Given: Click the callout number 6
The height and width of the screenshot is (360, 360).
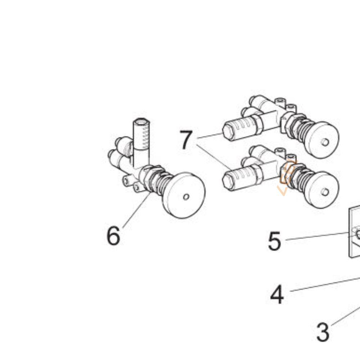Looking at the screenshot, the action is click(113, 235).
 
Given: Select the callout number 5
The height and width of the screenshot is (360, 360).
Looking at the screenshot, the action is click(274, 241).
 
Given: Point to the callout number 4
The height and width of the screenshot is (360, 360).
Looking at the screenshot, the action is click(277, 294).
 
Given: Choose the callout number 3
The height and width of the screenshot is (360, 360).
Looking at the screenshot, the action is click(323, 332).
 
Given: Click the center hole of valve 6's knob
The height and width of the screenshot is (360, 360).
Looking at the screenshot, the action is click(186, 197).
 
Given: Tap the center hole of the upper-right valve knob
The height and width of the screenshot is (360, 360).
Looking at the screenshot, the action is click(325, 142).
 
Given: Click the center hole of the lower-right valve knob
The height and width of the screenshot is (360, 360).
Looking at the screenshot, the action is click(325, 192).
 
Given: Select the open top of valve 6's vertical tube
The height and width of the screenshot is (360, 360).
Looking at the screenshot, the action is click(141, 121).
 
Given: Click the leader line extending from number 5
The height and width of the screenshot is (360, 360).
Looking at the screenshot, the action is click(317, 237).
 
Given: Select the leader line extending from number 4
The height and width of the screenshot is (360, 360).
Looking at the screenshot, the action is click(325, 285).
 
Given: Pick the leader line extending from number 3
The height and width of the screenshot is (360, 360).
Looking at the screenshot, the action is click(346, 315).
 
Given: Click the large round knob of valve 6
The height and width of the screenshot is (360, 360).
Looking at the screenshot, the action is click(184, 195).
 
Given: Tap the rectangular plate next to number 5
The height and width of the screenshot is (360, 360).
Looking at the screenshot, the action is click(354, 231).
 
